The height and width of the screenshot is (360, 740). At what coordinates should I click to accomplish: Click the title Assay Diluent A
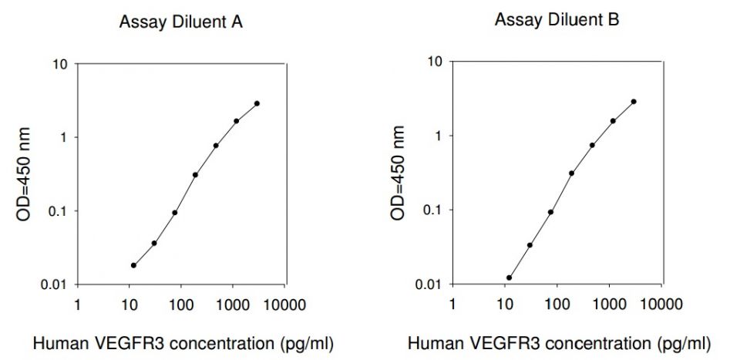180,22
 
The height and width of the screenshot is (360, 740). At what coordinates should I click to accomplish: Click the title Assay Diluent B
557,20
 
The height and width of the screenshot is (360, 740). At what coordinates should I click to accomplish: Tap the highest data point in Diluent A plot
257,103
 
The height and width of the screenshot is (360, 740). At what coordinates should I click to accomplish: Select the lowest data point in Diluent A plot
133,265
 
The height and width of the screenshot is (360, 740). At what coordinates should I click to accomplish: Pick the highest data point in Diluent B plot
634,102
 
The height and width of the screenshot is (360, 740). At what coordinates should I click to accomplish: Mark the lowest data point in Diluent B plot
510,278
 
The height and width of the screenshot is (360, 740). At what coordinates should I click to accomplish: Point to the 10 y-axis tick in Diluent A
59,63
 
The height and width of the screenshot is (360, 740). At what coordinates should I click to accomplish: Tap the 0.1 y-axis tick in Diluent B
432,210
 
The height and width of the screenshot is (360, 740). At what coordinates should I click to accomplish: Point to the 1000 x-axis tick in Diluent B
609,302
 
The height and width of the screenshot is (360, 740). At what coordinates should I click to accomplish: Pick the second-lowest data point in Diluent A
154,244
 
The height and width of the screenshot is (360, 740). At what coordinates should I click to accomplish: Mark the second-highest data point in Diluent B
613,121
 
